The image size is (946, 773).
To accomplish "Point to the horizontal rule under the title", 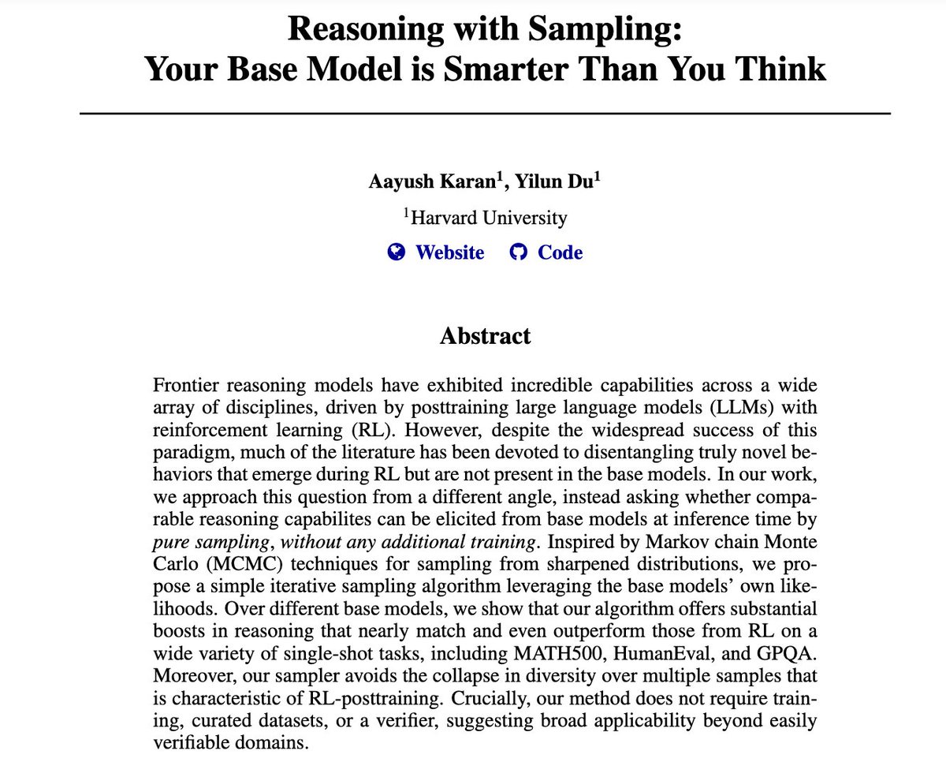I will click(485, 114).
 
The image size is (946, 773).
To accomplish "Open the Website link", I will click(449, 252).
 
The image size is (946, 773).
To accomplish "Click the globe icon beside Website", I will click(397, 252).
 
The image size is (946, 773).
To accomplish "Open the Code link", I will click(560, 252).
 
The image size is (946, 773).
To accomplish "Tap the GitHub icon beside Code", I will click(518, 252).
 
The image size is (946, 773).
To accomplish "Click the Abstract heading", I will click(485, 335).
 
